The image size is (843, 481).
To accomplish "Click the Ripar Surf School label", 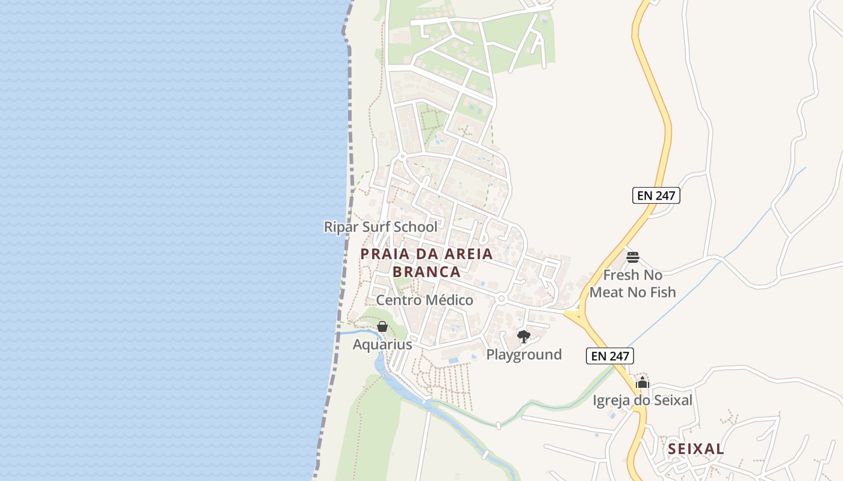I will [381, 227].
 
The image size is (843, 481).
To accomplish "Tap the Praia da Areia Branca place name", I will [426, 263].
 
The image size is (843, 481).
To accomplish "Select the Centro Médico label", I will [425, 299].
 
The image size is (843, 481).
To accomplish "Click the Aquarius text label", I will [382, 345].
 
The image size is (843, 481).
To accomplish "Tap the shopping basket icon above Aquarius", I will [382, 326].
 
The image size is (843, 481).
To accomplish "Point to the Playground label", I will [524, 354].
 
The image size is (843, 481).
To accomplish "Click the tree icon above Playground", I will [524, 337].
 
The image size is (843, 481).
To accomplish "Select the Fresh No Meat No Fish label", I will [632, 284].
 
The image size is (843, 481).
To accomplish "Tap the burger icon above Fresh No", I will [632, 257].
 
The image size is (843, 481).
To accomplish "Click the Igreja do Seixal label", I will [642, 400].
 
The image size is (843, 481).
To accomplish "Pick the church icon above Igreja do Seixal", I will [642, 382].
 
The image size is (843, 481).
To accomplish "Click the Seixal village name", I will [696, 449].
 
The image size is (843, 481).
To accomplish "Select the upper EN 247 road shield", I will [656, 195].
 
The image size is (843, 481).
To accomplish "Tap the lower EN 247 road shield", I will [610, 356].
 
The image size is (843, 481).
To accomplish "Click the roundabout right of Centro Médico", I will [501, 299].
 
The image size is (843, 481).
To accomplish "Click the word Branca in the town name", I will [426, 272].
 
